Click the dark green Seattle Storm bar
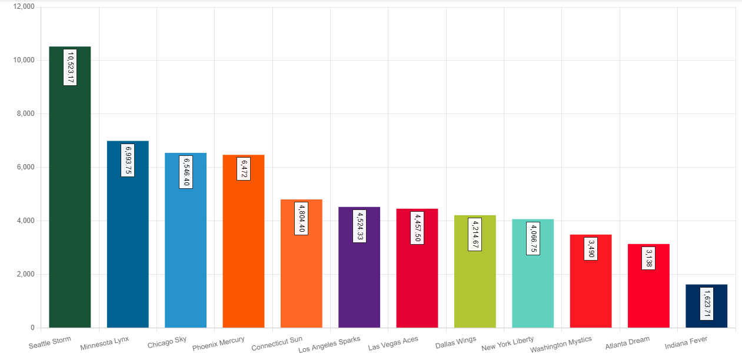(69, 206)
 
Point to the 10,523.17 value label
(70, 68)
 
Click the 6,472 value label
(244, 168)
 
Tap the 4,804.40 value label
(301, 218)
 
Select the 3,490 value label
(591, 248)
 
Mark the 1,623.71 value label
(707, 304)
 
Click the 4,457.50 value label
(417, 228)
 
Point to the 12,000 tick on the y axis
(24, 6)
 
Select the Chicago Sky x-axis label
(167, 342)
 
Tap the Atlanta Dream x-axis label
(627, 342)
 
